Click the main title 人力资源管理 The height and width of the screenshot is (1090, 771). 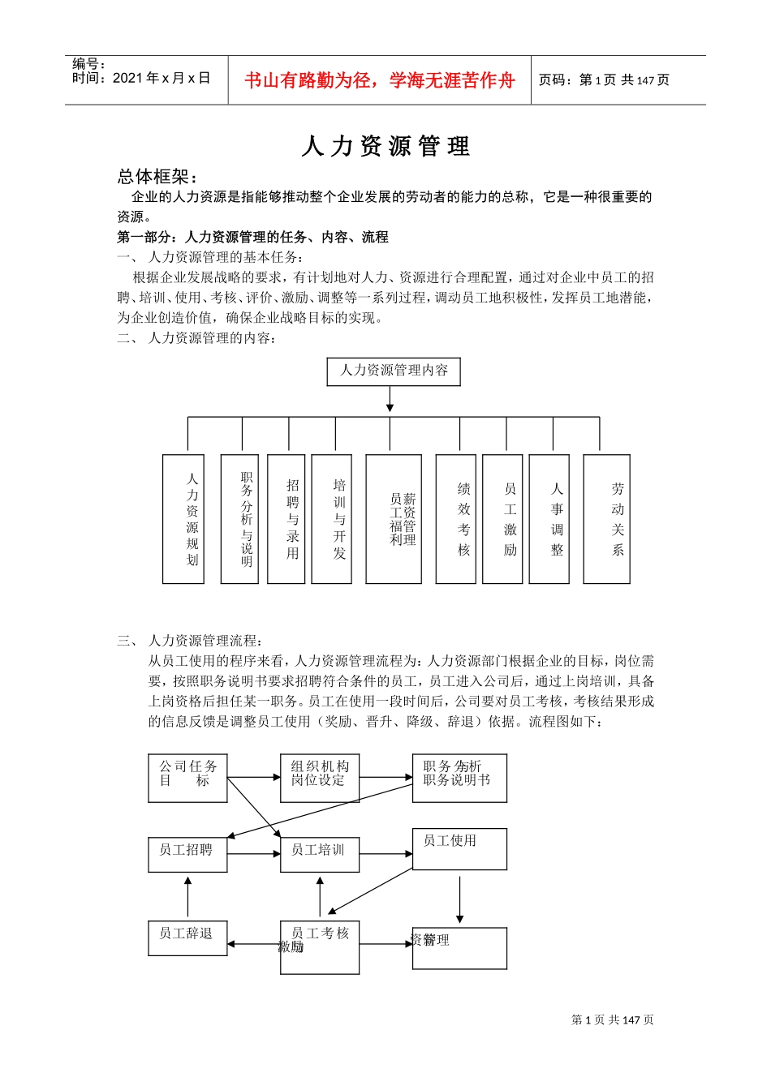coord(385,147)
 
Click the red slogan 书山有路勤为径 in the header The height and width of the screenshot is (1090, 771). coord(379,80)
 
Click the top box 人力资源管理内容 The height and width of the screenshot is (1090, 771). coord(394,371)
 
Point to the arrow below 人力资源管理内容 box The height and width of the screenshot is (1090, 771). coord(390,399)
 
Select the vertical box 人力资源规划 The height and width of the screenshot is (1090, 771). coord(183,519)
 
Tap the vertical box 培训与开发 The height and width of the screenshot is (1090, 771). coord(332,519)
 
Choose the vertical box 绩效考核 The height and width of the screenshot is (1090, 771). coord(455,519)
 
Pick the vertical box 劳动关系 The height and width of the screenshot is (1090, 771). coord(607,519)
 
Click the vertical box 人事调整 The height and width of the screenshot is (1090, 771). coord(549,519)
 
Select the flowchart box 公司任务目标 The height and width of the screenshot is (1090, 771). coord(187,779)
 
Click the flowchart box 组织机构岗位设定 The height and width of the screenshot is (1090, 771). coord(320,779)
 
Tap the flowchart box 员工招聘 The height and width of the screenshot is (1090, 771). coord(187,855)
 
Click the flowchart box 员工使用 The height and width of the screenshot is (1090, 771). coord(459,848)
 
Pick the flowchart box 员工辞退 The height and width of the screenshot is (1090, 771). coord(187,938)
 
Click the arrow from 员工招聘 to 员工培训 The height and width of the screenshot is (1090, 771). coord(254,854)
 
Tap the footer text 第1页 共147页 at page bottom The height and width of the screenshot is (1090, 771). coord(613,1020)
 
